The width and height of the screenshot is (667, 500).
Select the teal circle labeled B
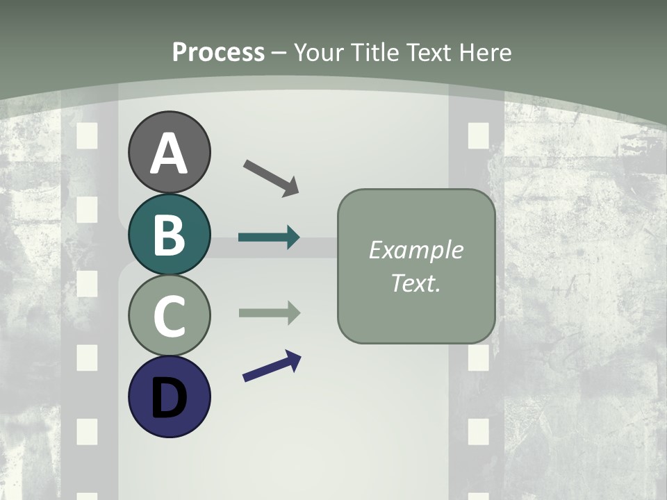(x=169, y=234)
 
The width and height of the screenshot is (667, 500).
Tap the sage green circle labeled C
(x=169, y=316)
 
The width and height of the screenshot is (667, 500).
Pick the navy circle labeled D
(x=169, y=397)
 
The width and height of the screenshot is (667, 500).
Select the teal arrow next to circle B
(x=269, y=237)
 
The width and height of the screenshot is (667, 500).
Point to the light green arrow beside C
(x=269, y=313)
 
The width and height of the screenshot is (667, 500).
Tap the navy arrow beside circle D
(x=272, y=367)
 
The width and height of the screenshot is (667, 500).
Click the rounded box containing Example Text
(x=416, y=266)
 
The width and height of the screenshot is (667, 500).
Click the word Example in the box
(x=415, y=250)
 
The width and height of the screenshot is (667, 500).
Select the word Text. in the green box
(x=415, y=283)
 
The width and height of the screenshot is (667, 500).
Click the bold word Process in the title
(x=218, y=52)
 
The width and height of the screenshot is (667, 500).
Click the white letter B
(x=169, y=235)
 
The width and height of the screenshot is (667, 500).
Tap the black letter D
(x=169, y=399)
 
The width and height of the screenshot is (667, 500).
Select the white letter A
(x=169, y=153)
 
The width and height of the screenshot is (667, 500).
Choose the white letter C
(x=169, y=317)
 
